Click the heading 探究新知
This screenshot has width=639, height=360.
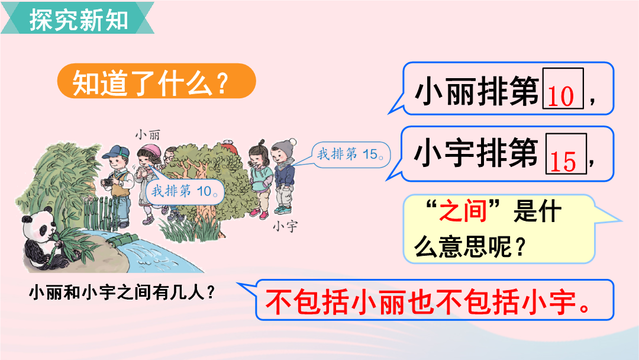(79, 19)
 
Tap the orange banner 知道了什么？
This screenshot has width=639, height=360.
(156, 81)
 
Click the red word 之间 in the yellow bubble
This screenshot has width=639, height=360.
(463, 211)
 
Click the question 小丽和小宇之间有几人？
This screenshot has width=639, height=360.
(122, 292)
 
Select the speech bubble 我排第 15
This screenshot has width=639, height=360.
(350, 154)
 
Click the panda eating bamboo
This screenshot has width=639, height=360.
(43, 240)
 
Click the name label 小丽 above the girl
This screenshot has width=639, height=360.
(147, 134)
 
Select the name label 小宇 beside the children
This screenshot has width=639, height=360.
(285, 226)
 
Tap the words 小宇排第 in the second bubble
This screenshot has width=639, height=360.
(476, 153)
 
